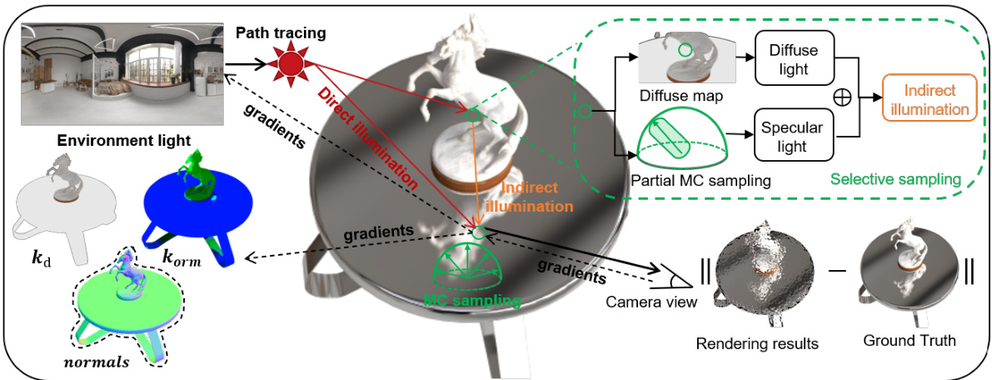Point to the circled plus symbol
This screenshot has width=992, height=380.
click(843, 97)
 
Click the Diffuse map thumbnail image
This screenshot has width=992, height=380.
click(680, 61)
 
